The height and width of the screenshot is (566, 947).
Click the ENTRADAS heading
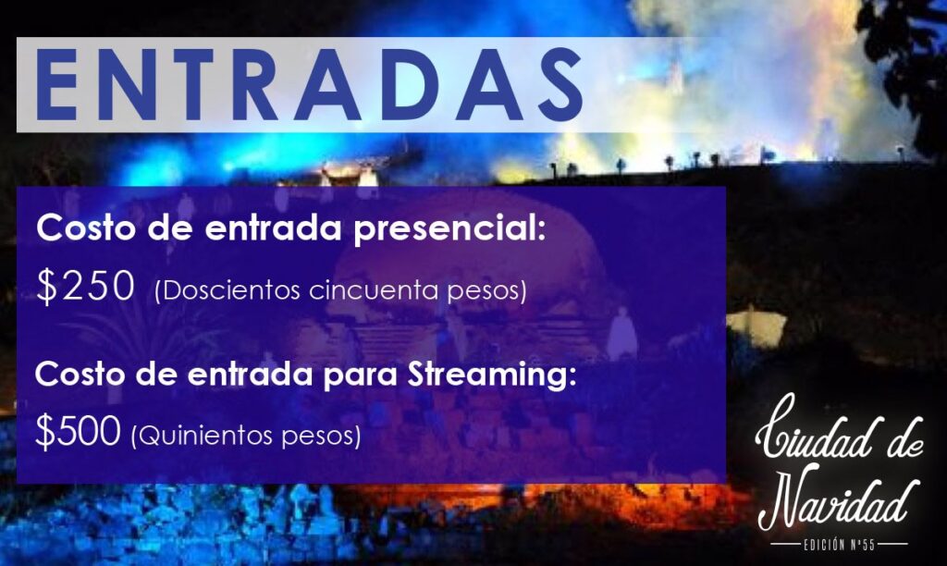tap(309, 84)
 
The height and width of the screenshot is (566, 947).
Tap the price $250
tap(85, 286)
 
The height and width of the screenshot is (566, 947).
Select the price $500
tap(78, 431)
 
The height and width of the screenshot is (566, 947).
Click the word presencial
tap(449, 230)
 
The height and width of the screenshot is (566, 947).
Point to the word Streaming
tap(492, 376)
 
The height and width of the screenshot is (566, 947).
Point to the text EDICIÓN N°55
tap(839, 544)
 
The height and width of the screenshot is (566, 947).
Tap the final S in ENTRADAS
tap(559, 84)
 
